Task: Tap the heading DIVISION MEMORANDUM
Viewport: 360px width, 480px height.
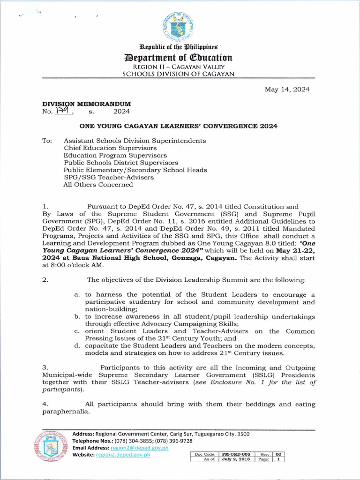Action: (x=87, y=104)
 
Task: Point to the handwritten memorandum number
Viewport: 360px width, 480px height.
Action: (x=61, y=111)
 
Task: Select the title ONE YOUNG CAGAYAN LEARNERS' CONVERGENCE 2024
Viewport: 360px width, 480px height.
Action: (x=178, y=126)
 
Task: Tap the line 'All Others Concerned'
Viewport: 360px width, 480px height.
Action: (x=98, y=185)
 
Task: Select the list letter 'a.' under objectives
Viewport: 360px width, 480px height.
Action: (x=77, y=295)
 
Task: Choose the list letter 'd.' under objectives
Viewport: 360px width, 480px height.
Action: (x=77, y=346)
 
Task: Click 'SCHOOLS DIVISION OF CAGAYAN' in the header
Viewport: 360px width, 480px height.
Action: (x=178, y=74)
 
